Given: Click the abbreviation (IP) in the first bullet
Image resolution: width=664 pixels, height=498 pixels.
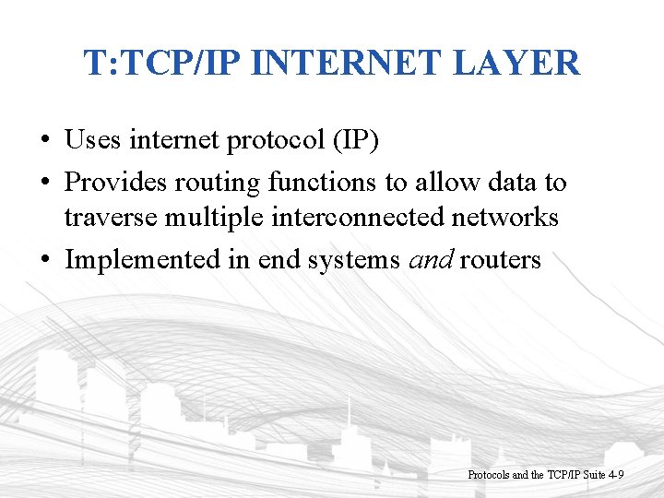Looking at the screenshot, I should point(354,141).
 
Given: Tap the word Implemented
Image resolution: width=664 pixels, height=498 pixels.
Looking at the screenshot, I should point(143,261).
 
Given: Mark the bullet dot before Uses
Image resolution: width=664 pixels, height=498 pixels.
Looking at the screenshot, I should point(44,142).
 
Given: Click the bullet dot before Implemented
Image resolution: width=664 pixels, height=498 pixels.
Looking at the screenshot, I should point(44,261).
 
